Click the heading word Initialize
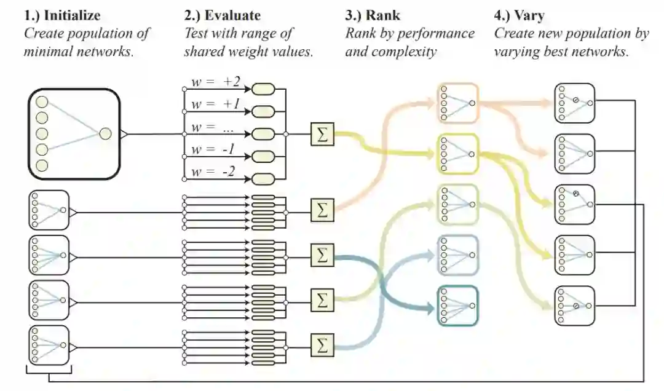[x=72, y=15]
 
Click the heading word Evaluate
[x=233, y=15]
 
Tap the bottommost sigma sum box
[x=322, y=345]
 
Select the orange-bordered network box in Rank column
[x=458, y=103]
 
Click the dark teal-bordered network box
[x=458, y=306]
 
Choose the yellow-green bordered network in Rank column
[x=458, y=154]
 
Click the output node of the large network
[x=105, y=133]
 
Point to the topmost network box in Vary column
[x=575, y=103]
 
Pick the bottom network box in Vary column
[x=575, y=306]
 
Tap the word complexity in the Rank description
[x=407, y=52]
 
